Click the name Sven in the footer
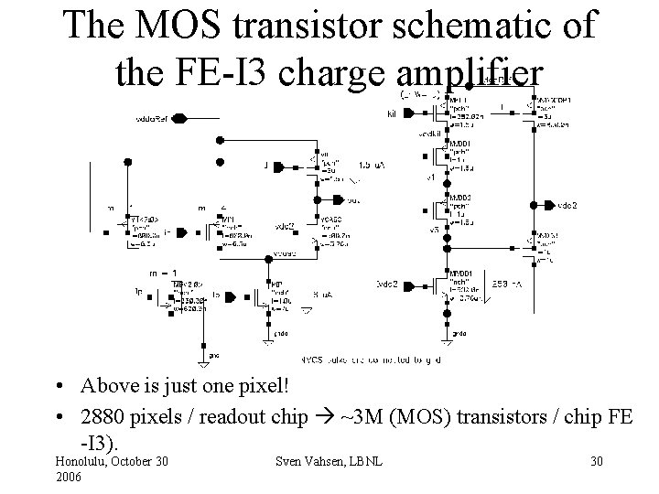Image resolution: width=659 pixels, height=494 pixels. coord(296,461)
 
